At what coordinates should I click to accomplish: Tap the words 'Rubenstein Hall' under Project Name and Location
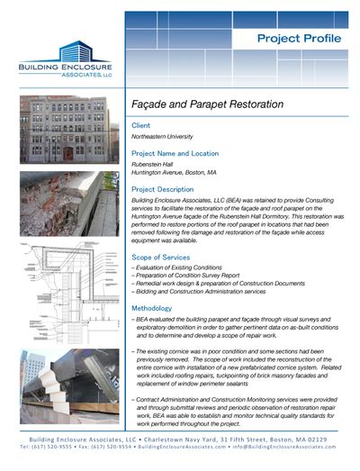[x=154, y=164]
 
